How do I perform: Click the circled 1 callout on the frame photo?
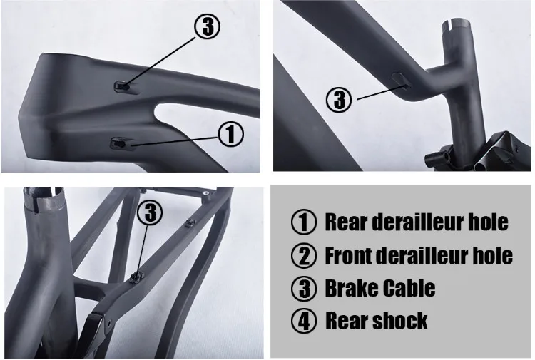(x=230, y=134)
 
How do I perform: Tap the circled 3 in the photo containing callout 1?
(x=206, y=28)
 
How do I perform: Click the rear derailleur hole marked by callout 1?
(x=118, y=144)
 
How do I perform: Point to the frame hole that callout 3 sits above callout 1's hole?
(x=123, y=86)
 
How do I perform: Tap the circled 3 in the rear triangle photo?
(x=150, y=212)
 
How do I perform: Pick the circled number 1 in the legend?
(x=304, y=222)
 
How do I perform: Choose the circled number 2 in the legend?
(x=304, y=256)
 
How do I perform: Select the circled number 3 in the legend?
(x=304, y=289)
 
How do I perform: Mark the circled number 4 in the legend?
(x=304, y=322)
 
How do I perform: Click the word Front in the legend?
(x=351, y=255)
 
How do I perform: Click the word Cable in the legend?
(x=410, y=288)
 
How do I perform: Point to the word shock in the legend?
(x=399, y=321)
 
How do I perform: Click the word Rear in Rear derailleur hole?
(x=346, y=222)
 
